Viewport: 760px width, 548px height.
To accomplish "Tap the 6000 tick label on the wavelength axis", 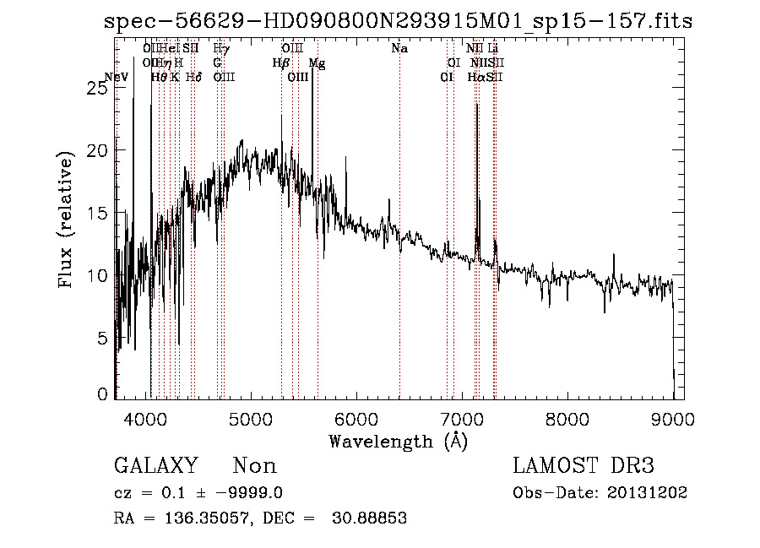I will coord(356,418).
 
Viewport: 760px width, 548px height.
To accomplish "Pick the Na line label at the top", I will coord(399,49).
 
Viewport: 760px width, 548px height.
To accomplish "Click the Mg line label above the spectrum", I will coord(316,63).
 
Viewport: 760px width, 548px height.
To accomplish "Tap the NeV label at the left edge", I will coord(116,78).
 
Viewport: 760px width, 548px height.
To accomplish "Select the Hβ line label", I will coord(280,63).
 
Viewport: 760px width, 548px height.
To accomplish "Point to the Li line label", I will coord(493,49).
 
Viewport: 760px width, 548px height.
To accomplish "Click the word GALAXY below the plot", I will coord(155,466).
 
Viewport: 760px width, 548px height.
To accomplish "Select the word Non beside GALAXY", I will coord(254,466).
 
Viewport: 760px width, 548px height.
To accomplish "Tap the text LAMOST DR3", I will coord(584,466).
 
